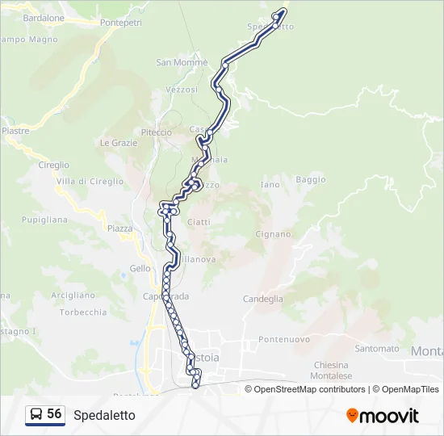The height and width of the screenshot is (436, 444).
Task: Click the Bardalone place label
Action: [x=44, y=18]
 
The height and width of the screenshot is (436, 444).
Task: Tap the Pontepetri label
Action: [x=121, y=23]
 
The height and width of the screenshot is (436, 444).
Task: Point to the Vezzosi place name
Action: [x=181, y=90]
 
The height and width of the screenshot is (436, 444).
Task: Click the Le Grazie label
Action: [x=119, y=143]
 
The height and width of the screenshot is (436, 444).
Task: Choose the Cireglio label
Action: [x=53, y=165]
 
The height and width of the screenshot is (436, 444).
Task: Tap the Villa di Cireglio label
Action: [x=90, y=182]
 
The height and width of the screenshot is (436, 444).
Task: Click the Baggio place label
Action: [x=311, y=179]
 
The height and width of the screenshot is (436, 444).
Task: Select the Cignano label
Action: [x=273, y=234]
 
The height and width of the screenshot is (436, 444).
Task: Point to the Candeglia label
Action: [x=263, y=299]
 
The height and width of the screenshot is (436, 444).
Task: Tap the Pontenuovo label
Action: [x=285, y=340]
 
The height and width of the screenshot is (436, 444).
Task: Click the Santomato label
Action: [x=377, y=349]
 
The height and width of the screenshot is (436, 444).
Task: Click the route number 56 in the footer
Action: [x=54, y=414]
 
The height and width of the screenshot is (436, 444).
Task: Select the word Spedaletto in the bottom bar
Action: [x=104, y=415]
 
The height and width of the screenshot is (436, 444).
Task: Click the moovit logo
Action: [x=383, y=416]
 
